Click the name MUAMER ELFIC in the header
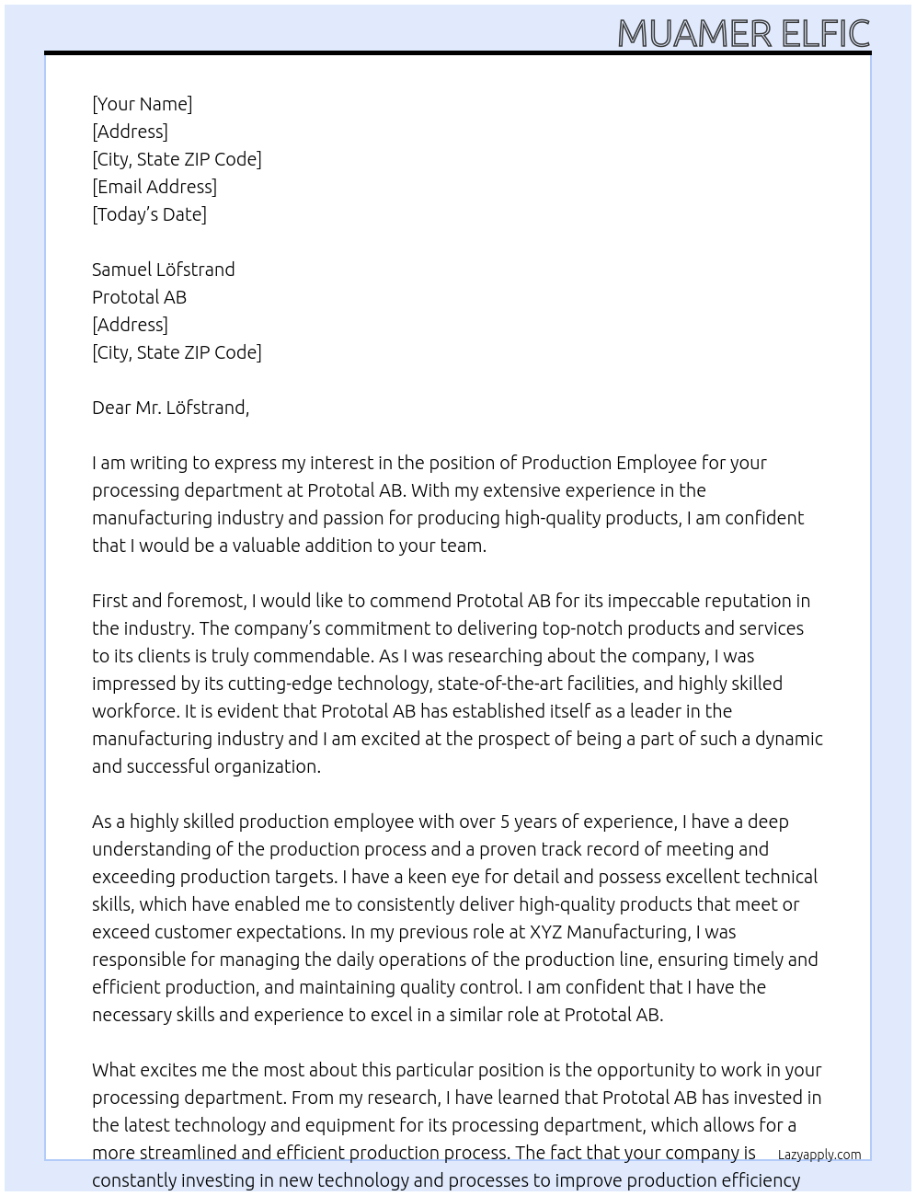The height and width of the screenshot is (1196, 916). coord(743,33)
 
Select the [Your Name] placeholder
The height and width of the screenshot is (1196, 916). coord(142,104)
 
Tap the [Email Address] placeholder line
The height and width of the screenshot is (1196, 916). coord(155,187)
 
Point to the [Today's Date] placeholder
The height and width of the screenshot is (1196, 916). coord(149,214)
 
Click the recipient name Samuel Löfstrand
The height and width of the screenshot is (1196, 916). coord(163,270)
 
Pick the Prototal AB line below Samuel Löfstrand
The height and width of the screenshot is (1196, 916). coord(139,297)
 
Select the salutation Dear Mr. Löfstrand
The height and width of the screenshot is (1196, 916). coord(170,408)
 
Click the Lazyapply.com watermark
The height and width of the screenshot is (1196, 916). coord(819,1155)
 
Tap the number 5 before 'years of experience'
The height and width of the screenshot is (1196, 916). coord(505,822)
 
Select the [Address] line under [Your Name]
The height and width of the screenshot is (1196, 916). coord(130,132)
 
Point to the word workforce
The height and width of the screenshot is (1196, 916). coord(134,711)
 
